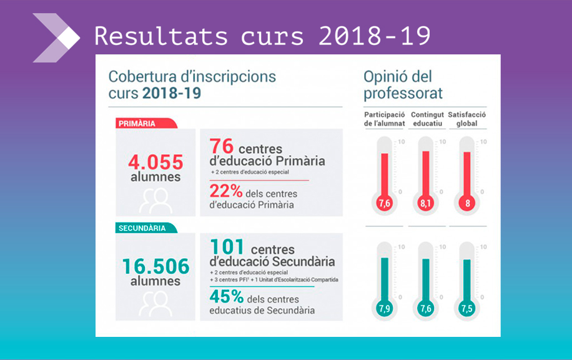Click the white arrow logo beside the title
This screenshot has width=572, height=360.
click(x=56, y=37)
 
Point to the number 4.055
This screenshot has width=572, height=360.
click(x=155, y=162)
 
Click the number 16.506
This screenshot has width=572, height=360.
click(x=155, y=267)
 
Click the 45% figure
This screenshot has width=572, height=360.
click(x=226, y=297)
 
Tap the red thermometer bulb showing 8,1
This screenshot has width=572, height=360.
click(x=425, y=204)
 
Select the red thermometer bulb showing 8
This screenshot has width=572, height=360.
click(x=466, y=204)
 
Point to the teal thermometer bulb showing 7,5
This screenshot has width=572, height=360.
click(x=466, y=309)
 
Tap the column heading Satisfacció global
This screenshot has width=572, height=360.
click(x=467, y=119)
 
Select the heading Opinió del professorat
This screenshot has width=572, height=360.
click(x=403, y=86)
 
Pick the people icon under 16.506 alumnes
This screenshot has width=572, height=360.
click(x=155, y=304)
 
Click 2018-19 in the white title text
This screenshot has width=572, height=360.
click(x=375, y=37)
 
